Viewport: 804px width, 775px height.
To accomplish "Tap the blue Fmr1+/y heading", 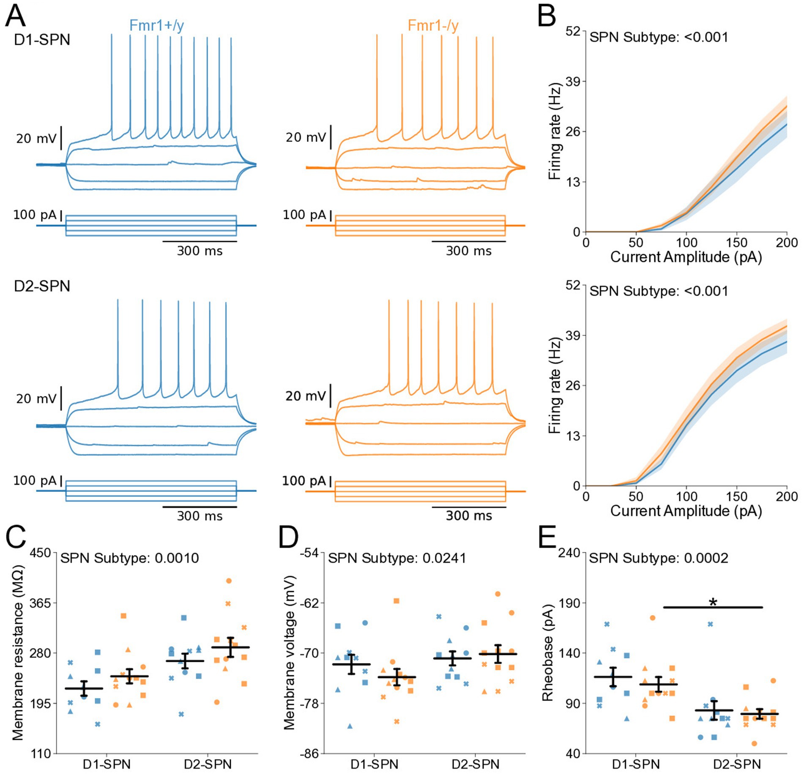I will click(156, 25).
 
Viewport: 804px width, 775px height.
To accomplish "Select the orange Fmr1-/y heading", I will click(433, 25).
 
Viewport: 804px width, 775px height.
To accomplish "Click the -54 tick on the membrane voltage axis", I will click(309, 553).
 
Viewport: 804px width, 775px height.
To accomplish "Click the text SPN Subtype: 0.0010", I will click(129, 558).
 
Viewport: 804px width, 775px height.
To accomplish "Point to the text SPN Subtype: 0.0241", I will click(397, 558).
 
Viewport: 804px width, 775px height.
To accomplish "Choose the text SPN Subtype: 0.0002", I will click(659, 558).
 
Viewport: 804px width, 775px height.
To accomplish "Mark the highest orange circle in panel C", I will click(229, 581).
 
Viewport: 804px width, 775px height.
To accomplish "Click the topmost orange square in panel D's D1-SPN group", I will click(397, 601).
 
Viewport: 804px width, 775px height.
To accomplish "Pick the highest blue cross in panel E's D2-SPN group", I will click(710, 624).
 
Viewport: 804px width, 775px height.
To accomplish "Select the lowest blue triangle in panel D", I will click(350, 726).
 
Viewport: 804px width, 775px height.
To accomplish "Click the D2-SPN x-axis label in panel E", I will click(737, 764).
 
